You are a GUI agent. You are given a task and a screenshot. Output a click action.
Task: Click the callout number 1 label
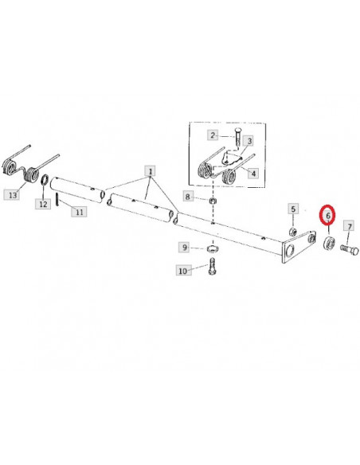[x=151, y=171]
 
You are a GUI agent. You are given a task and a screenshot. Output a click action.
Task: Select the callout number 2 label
[x=213, y=135]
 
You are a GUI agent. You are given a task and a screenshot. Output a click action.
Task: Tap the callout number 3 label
[x=249, y=141]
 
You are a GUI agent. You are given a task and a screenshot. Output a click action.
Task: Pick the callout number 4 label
[x=253, y=173]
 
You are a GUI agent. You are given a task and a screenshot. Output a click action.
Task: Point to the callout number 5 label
[x=293, y=209]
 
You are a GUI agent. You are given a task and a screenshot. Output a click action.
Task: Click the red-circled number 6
[x=327, y=216]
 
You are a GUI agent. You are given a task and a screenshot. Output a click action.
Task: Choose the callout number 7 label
[x=350, y=227]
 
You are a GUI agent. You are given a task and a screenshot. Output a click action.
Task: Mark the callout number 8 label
[x=188, y=197]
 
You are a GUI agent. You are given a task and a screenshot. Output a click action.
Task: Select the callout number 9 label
[x=185, y=247]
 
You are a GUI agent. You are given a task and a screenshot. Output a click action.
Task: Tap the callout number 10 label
[x=183, y=271]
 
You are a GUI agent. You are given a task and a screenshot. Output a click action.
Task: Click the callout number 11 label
[x=79, y=212]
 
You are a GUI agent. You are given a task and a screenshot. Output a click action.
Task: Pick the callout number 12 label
[x=43, y=204]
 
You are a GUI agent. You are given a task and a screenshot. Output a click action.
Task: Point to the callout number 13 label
[x=13, y=195]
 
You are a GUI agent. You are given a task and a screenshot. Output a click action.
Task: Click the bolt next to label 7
[x=350, y=250]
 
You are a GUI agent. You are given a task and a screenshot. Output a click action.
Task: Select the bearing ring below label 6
[x=329, y=243]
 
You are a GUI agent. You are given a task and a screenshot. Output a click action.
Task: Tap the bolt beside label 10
[x=213, y=266]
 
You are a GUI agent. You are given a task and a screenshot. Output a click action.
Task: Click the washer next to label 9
[x=213, y=248]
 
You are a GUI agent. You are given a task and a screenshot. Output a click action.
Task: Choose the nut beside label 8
[x=213, y=201]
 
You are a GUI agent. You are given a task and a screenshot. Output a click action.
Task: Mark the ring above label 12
[x=45, y=180]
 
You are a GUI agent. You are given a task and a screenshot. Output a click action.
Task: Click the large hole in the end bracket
[x=289, y=251]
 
